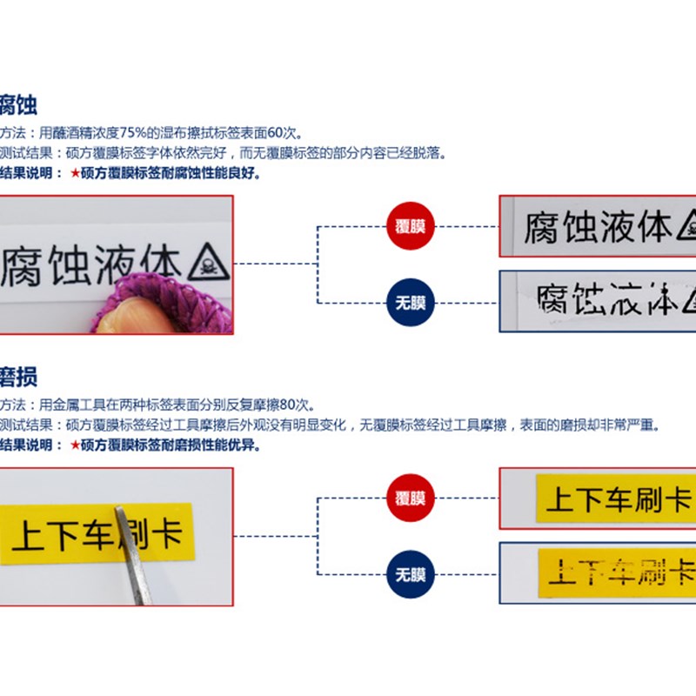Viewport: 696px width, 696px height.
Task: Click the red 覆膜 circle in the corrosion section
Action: click(x=410, y=226)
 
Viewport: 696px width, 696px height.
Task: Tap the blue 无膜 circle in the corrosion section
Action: click(x=410, y=302)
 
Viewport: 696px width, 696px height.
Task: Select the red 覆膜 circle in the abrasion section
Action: click(x=410, y=499)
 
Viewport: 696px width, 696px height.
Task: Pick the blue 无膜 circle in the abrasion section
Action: click(x=410, y=574)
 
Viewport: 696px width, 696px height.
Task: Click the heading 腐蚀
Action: click(x=18, y=107)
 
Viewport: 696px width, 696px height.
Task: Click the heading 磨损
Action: click(x=18, y=378)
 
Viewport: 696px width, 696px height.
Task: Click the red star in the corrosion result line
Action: click(x=75, y=173)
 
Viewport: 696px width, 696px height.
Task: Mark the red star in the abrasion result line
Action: click(x=75, y=445)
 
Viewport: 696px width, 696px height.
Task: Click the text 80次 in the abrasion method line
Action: click(x=298, y=405)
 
